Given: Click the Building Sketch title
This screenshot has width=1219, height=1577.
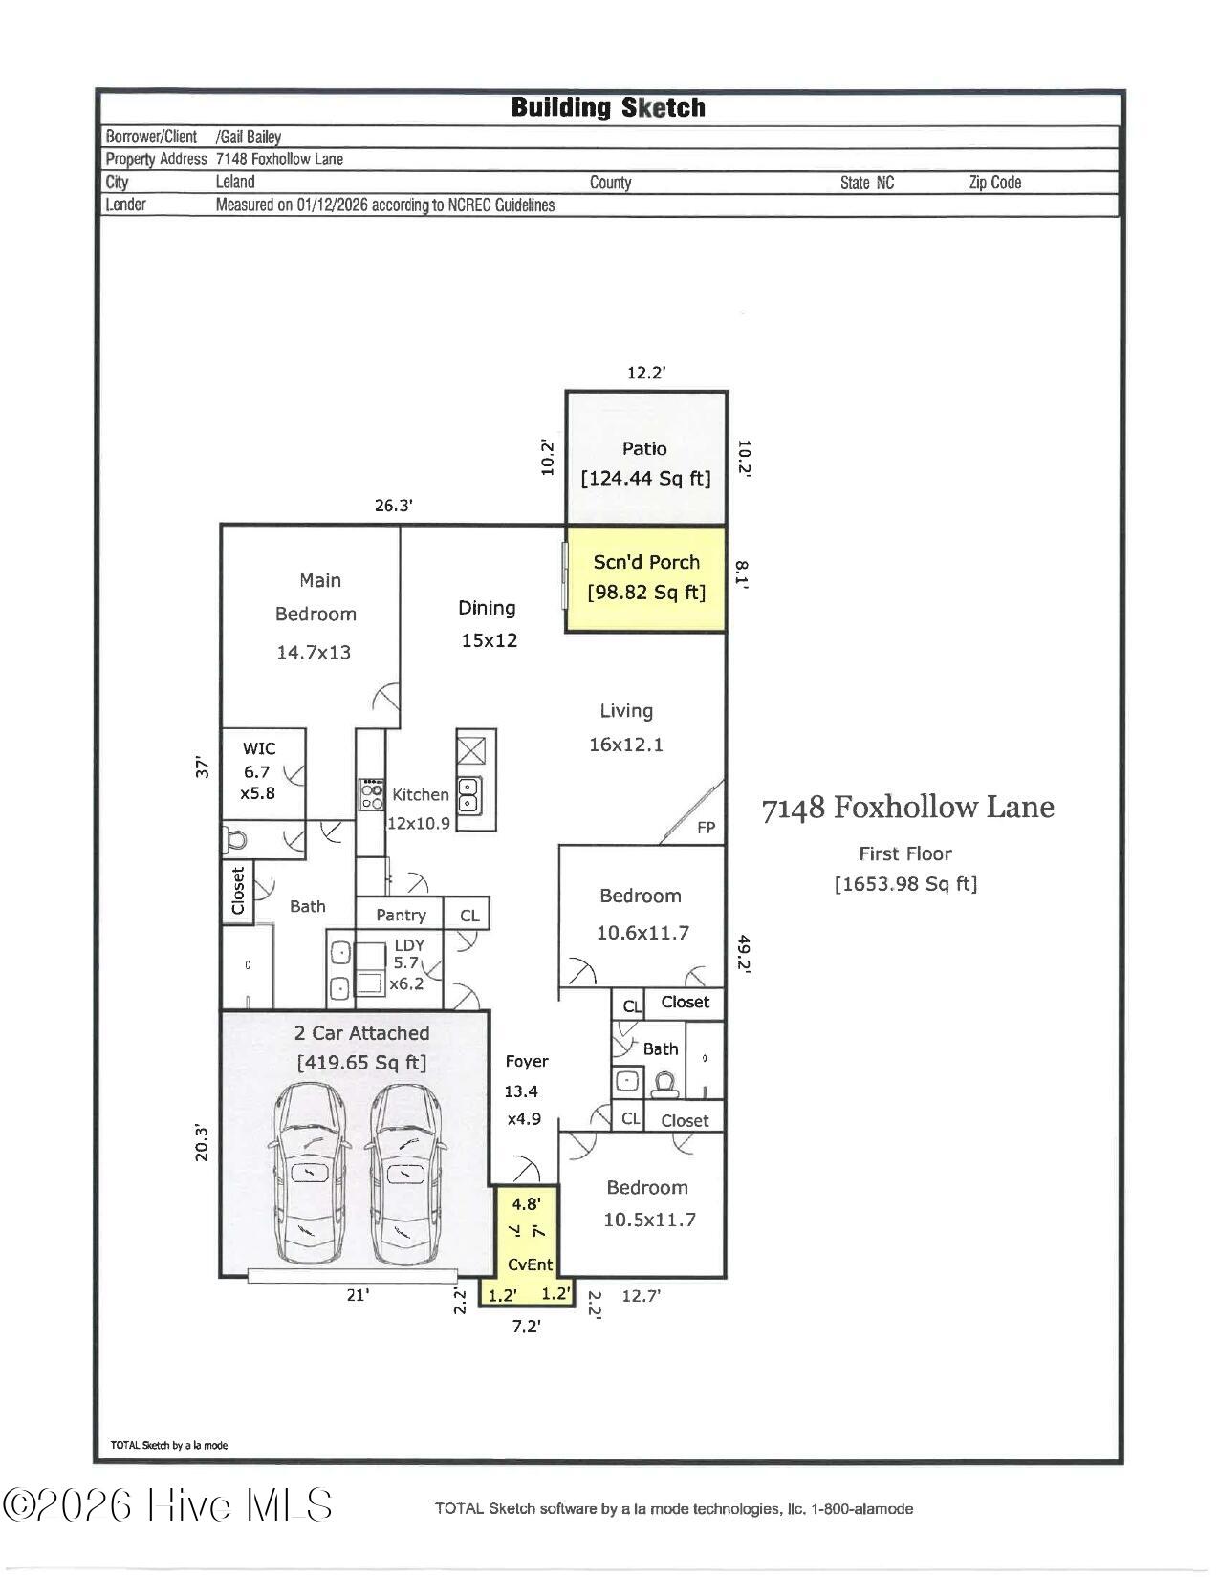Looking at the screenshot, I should click(x=608, y=108).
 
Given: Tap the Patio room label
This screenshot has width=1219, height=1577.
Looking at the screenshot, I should click(x=644, y=448).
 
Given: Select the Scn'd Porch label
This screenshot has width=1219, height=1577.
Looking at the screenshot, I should click(x=646, y=563).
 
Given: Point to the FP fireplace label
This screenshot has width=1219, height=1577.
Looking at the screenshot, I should click(x=706, y=828).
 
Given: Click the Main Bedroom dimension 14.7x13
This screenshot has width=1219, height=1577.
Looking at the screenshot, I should click(x=314, y=653).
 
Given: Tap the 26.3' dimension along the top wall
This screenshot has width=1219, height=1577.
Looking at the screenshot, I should click(x=393, y=506).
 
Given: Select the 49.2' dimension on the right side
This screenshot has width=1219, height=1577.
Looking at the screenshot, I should click(x=744, y=953).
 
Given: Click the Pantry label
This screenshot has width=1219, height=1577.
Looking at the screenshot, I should click(x=401, y=915).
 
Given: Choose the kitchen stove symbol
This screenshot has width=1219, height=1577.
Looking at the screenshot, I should click(x=371, y=795).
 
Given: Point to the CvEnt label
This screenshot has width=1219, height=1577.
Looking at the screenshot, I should click(x=530, y=1264).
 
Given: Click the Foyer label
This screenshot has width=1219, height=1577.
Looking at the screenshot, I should click(x=527, y=1061).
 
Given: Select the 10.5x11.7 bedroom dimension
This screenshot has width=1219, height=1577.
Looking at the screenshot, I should click(x=649, y=1220).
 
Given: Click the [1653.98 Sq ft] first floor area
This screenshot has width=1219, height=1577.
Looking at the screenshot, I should click(x=905, y=884).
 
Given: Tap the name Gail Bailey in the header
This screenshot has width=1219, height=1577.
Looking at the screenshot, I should click(x=250, y=137).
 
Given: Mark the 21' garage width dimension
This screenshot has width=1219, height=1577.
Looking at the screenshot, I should click(x=358, y=1295).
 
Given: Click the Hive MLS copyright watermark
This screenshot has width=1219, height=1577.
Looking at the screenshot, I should click(x=168, y=1506).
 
